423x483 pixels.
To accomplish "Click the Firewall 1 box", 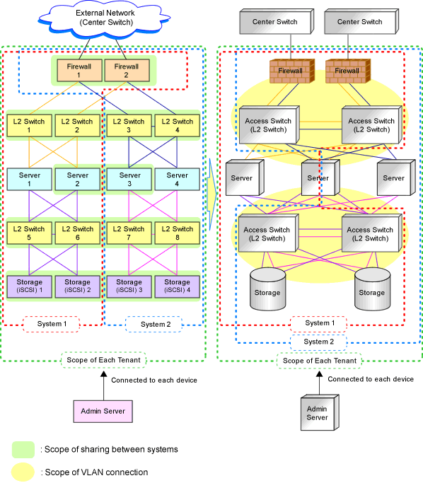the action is [79, 71].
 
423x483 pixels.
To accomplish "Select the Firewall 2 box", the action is [127, 71].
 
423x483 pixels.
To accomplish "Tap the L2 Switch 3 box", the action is [129, 126].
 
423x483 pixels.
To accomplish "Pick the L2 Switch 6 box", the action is [78, 233].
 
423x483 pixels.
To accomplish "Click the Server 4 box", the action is [177, 180].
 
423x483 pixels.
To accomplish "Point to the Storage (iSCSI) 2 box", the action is [78, 287].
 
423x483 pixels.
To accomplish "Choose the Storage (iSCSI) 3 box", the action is [129, 287].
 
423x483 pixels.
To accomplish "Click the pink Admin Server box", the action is [103, 412].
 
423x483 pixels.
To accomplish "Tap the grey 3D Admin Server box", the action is [320, 412].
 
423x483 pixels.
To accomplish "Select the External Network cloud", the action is [105, 19].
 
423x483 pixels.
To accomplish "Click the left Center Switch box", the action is [277, 21].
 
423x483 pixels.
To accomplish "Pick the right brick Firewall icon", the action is [348, 71].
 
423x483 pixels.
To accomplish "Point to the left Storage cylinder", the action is [267, 289].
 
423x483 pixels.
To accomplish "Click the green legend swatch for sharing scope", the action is [23, 450].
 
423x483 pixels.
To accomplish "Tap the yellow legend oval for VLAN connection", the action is [23, 472].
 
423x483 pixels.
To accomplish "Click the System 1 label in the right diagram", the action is [318, 323].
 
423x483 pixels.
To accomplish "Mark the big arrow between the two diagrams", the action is [212, 194].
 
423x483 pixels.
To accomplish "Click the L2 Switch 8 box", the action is [177, 233].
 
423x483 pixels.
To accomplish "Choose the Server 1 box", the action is [29, 180].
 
